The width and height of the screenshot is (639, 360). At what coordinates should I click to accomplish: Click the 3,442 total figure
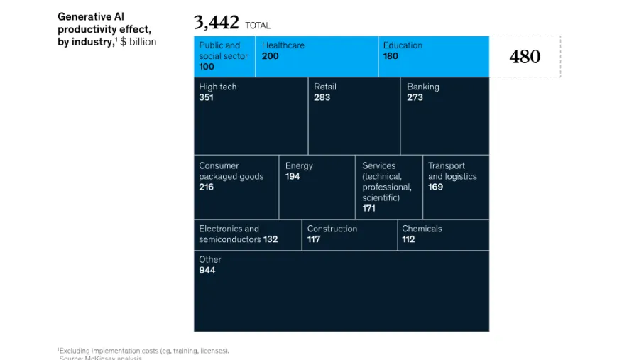point(217,23)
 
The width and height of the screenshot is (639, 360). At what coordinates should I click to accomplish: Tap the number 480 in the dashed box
point(525,57)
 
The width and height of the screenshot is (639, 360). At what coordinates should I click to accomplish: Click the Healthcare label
point(284,45)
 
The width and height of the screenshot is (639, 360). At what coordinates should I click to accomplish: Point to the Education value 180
point(390,56)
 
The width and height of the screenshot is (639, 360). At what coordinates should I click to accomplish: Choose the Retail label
point(325,87)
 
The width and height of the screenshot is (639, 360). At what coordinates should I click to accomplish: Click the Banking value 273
point(415,97)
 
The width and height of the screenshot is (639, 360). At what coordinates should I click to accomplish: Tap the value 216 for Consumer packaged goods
point(206,187)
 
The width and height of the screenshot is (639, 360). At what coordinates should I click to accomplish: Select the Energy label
point(299,165)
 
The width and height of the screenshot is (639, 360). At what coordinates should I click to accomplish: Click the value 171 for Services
point(368,209)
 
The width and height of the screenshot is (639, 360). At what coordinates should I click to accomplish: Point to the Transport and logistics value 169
point(435,187)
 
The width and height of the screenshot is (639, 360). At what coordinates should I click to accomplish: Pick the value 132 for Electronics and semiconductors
point(271,239)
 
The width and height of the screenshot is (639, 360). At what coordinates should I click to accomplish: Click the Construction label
point(332,229)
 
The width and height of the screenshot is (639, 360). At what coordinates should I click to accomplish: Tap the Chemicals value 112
point(408,239)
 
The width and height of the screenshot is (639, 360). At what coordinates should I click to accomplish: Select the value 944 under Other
point(207,270)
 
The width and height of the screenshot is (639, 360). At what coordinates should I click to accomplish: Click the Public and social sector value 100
point(207,67)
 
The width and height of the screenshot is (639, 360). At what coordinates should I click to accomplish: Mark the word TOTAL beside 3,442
point(258,26)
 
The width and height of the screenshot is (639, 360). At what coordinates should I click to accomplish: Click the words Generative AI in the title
point(86,16)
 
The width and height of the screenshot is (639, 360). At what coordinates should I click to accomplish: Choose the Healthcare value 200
point(270,56)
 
